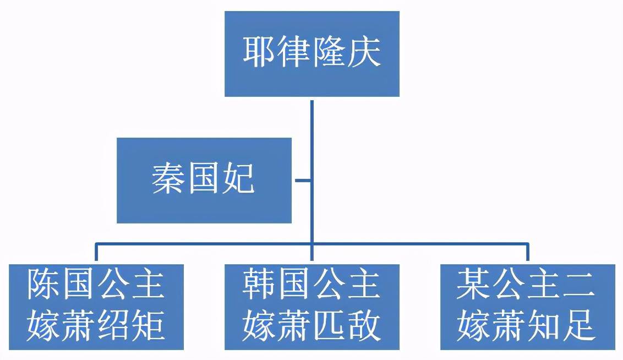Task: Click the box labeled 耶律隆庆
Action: click(311, 54)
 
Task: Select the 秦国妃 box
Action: click(204, 180)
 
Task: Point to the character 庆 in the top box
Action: click(364, 53)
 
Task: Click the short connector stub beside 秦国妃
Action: click(302, 180)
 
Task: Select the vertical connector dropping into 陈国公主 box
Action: click(96, 252)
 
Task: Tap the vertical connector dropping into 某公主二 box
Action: click(527, 252)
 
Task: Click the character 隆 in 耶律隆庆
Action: click(329, 53)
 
